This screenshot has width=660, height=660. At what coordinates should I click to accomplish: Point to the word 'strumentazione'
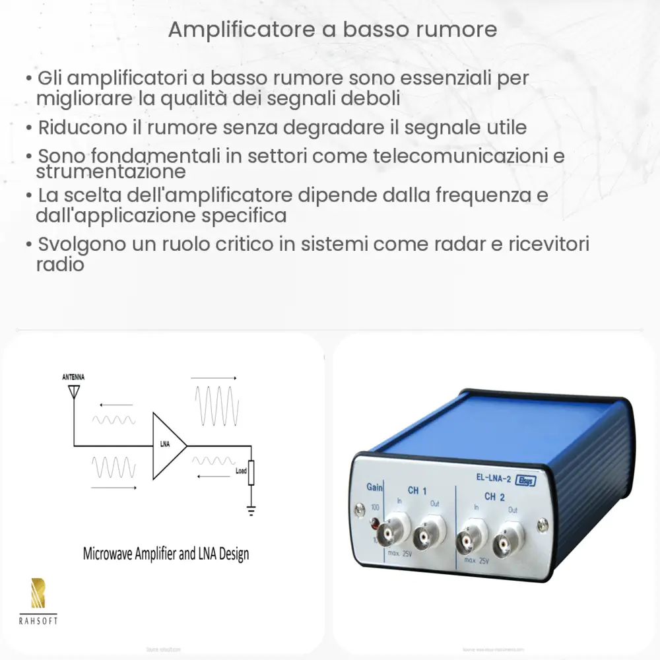[110, 172]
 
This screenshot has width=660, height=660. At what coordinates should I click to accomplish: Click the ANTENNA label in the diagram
[73, 377]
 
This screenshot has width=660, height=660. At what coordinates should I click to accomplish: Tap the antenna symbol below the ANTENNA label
[73, 391]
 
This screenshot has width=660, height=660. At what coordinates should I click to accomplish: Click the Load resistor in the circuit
[251, 473]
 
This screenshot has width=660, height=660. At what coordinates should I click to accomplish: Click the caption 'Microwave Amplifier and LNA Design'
[166, 553]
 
